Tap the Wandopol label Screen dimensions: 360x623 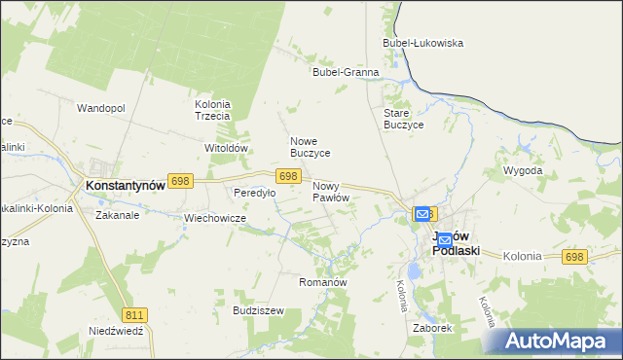pyautogui.click(x=101, y=108)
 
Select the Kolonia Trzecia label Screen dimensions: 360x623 pyautogui.click(x=212, y=110)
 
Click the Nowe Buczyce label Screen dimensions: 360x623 pyautogui.click(x=311, y=147)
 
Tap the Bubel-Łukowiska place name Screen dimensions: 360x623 pyautogui.click(x=423, y=43)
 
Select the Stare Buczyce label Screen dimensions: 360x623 pyautogui.click(x=401, y=119)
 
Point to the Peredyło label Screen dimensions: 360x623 pyautogui.click(x=254, y=193)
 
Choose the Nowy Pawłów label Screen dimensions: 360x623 pyautogui.click(x=330, y=191)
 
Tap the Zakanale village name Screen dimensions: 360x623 pyautogui.click(x=117, y=215)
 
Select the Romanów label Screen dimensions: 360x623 pyautogui.click(x=322, y=281)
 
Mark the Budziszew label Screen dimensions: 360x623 pyautogui.click(x=258, y=310)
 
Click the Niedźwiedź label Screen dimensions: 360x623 pyautogui.click(x=116, y=331)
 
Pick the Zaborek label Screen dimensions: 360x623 pyautogui.click(x=432, y=328)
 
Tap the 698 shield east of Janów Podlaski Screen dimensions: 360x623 pyautogui.click(x=574, y=256)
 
